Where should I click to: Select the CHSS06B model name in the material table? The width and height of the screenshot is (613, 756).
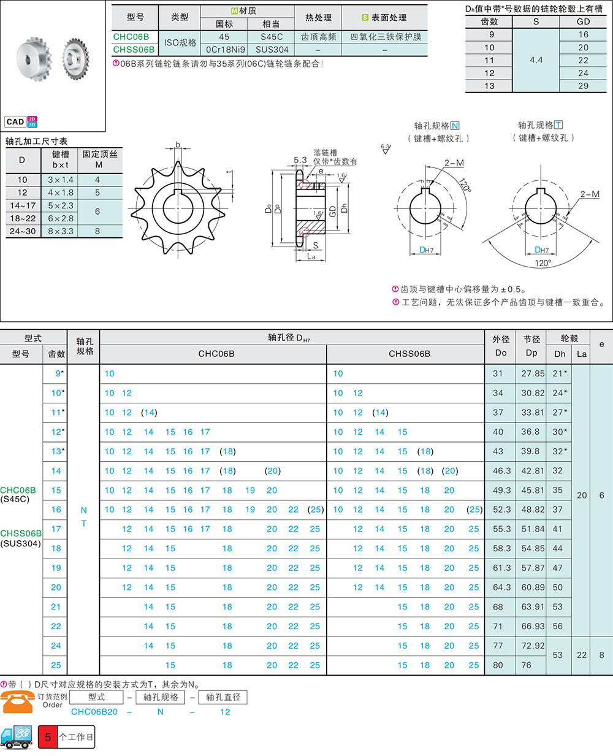point(134,49)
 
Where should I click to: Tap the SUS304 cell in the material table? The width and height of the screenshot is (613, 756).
point(272,50)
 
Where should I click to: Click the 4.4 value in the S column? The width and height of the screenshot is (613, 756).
point(536,60)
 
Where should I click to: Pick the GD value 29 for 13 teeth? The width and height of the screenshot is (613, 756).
point(583,86)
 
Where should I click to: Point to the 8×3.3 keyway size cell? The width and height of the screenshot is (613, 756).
point(61,231)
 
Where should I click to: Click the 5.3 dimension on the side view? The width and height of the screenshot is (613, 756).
point(300,160)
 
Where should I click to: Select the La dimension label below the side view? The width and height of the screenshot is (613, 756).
point(311,256)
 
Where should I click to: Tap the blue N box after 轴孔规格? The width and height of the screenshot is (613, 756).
point(455,126)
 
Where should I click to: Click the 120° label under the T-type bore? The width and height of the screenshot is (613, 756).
point(543,263)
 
